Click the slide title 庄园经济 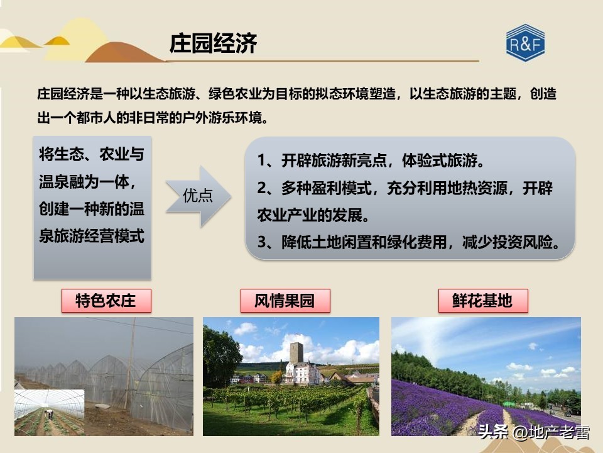213,44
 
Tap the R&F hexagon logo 525,43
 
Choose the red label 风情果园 285,301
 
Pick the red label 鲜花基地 482,301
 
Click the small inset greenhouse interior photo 49,412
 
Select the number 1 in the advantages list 262,160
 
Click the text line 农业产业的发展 313,215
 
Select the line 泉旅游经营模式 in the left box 92,236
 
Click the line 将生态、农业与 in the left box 92,155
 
